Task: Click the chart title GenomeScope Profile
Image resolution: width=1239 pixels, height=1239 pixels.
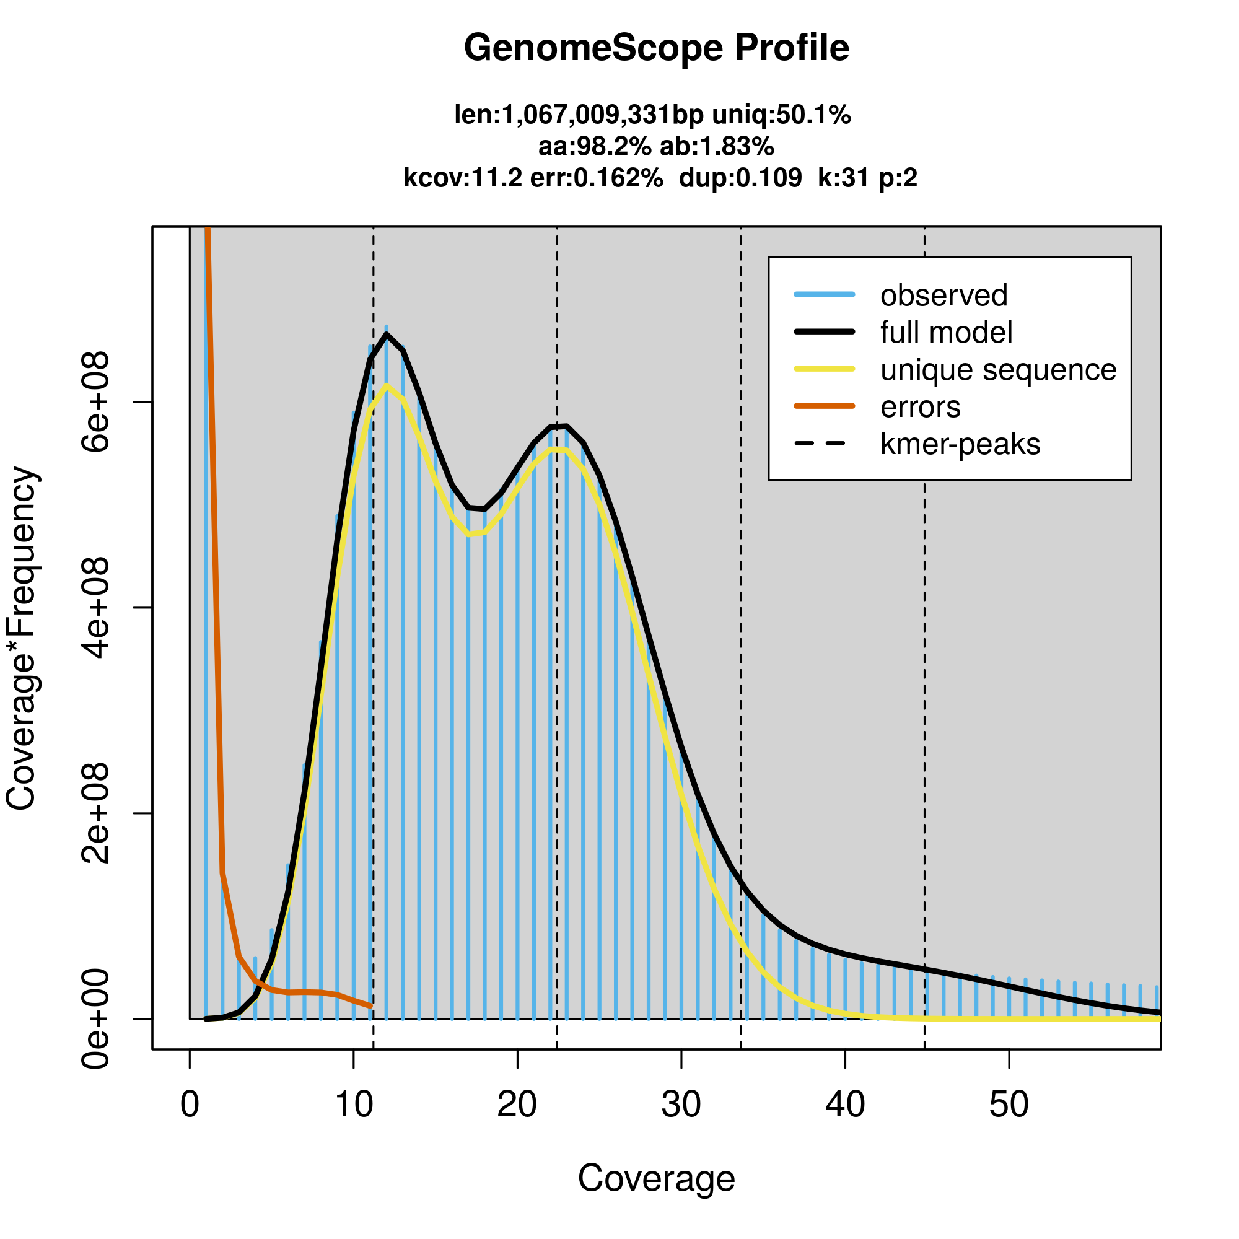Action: coord(656,48)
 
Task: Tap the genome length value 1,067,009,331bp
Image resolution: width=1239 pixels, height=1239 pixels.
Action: coord(595,115)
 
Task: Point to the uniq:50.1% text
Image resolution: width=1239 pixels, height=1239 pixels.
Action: coord(782,115)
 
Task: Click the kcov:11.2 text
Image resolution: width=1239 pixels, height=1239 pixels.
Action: coord(462,178)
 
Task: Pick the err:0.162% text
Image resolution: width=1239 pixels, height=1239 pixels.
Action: coord(597,178)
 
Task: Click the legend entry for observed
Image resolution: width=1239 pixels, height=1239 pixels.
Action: coord(943,296)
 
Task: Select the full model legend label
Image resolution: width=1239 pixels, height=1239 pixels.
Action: coord(946,333)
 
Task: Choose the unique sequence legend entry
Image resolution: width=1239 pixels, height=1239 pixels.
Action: coord(998,370)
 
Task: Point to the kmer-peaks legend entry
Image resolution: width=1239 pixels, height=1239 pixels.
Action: coord(960,444)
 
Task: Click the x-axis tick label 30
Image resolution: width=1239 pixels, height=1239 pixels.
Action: coord(681,1105)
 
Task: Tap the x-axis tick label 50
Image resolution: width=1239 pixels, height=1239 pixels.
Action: coord(1009,1105)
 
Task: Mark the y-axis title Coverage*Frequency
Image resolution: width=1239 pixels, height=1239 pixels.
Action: coord(22,639)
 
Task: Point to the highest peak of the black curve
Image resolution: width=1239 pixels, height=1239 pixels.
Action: coord(387,334)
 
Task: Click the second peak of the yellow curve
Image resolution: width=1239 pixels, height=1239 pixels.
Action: coord(558,450)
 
